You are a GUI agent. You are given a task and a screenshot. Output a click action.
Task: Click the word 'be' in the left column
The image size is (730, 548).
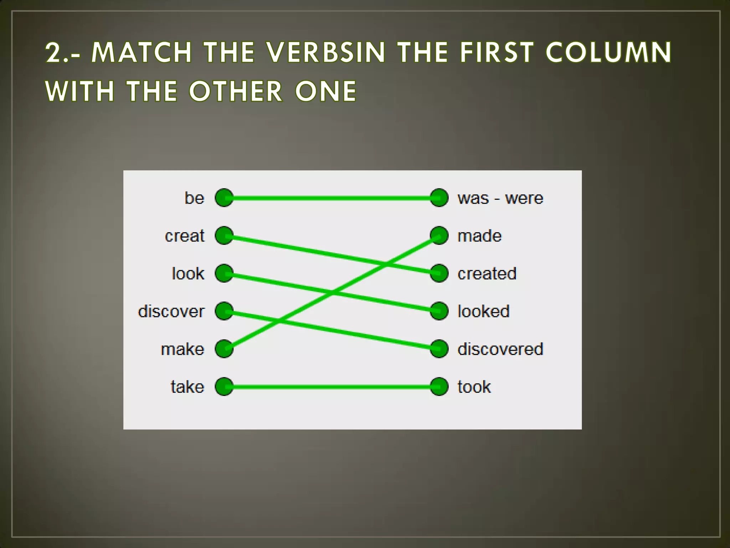coord(194,198)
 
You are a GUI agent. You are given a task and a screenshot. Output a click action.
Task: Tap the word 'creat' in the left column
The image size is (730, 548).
coord(185,236)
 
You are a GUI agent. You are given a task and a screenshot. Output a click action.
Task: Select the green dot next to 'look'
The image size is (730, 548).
coord(224,273)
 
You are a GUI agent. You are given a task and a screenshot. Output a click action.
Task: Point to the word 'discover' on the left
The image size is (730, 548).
coord(171,311)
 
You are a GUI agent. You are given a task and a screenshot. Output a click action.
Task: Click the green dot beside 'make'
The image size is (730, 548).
coord(224,349)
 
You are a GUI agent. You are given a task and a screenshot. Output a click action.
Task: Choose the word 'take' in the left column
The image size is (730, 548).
coord(187,387)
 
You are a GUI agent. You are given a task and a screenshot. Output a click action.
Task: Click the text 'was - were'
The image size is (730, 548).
coord(500,198)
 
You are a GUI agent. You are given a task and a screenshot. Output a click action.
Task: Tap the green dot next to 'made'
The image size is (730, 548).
coord(439,235)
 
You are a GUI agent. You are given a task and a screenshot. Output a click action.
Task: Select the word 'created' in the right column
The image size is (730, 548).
coord(487,274)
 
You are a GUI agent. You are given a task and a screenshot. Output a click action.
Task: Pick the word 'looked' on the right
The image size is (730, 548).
coord(483,311)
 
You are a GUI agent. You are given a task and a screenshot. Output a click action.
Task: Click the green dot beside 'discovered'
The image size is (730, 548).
coord(439,349)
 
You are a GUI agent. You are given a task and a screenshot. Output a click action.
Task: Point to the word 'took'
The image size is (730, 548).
coord(474,387)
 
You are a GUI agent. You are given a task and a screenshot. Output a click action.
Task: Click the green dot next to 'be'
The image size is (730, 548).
coord(224,198)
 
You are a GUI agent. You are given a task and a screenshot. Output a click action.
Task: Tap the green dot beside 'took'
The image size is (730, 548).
coord(439,387)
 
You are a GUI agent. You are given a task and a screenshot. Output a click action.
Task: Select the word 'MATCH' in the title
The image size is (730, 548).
coord(142,52)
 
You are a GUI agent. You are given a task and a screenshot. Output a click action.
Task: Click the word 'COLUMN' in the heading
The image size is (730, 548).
coord(608,52)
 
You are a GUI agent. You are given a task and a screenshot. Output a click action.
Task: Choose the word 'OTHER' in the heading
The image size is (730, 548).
coord(236,91)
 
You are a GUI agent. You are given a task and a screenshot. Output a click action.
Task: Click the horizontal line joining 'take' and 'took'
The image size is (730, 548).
coord(331,387)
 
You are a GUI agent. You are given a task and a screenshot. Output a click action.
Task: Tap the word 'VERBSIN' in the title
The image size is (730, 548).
coord(326,52)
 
